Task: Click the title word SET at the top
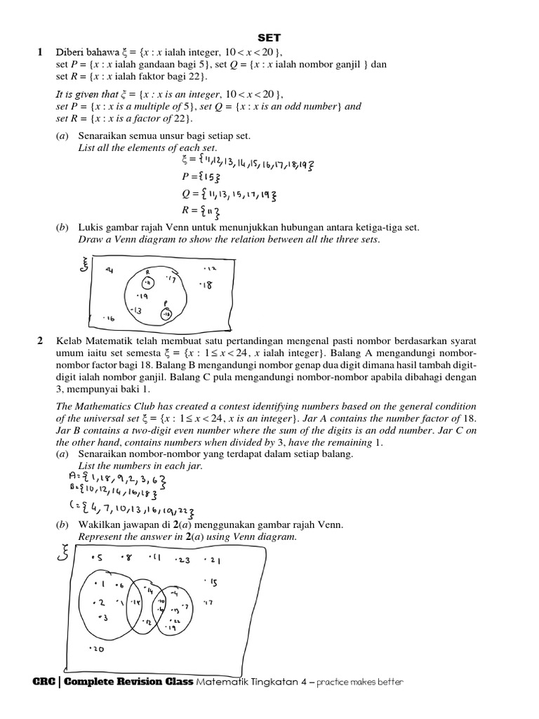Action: tap(269, 37)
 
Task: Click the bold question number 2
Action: tap(40, 341)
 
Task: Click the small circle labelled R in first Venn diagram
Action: tap(147, 282)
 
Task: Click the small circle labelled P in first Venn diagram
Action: tap(166, 315)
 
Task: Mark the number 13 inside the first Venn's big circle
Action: tap(136, 310)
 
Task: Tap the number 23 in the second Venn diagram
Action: tap(182, 560)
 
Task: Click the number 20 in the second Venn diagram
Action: tap(97, 649)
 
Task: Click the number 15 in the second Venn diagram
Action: tap(212, 582)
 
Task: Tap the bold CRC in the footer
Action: tap(44, 682)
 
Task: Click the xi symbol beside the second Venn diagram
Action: tap(64, 555)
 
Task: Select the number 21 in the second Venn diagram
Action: tap(213, 560)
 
